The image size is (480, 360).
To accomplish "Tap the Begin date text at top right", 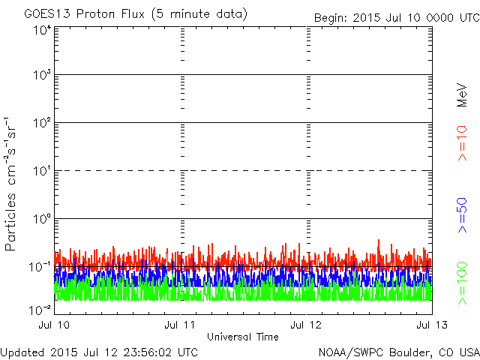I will [x=395, y=17].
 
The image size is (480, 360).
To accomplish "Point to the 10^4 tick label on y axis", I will [x=41, y=31].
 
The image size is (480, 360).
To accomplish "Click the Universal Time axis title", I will [x=242, y=337].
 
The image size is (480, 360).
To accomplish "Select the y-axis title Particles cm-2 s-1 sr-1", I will [x=13, y=184].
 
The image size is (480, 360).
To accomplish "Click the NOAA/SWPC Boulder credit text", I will [x=398, y=352].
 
